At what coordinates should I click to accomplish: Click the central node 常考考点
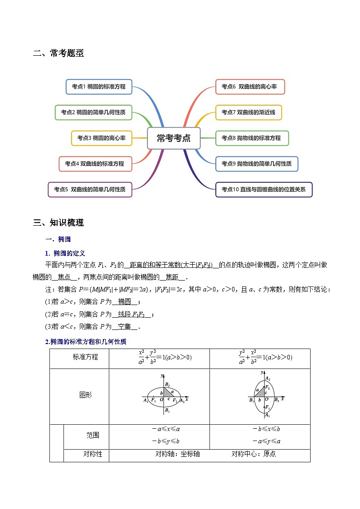click(x=174, y=138)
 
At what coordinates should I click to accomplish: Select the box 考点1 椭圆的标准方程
click(x=99, y=87)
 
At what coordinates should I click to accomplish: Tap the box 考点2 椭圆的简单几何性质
click(x=93, y=112)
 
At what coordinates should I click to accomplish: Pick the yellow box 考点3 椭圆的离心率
click(x=102, y=138)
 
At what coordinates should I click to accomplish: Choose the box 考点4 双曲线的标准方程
click(x=95, y=164)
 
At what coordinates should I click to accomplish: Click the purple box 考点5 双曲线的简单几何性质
click(x=90, y=189)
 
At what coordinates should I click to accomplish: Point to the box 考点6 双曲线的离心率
click(x=250, y=87)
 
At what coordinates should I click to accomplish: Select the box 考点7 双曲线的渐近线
click(x=248, y=112)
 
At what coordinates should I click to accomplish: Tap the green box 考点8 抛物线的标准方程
click(x=252, y=138)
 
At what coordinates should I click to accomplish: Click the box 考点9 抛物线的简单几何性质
click(x=257, y=164)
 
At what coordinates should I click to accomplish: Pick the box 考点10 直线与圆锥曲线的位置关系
click(x=264, y=189)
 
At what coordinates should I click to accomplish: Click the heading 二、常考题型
click(x=58, y=53)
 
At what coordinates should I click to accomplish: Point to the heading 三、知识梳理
click(x=58, y=223)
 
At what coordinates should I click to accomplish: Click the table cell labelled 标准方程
click(x=85, y=357)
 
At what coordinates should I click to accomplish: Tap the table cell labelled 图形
click(x=85, y=395)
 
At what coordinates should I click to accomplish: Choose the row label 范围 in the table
click(x=92, y=435)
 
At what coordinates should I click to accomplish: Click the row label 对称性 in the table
click(x=92, y=454)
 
